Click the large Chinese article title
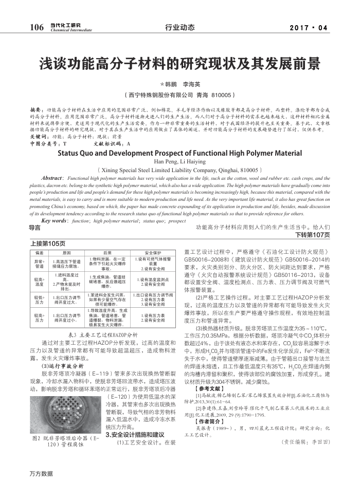[x=180, y=64]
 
